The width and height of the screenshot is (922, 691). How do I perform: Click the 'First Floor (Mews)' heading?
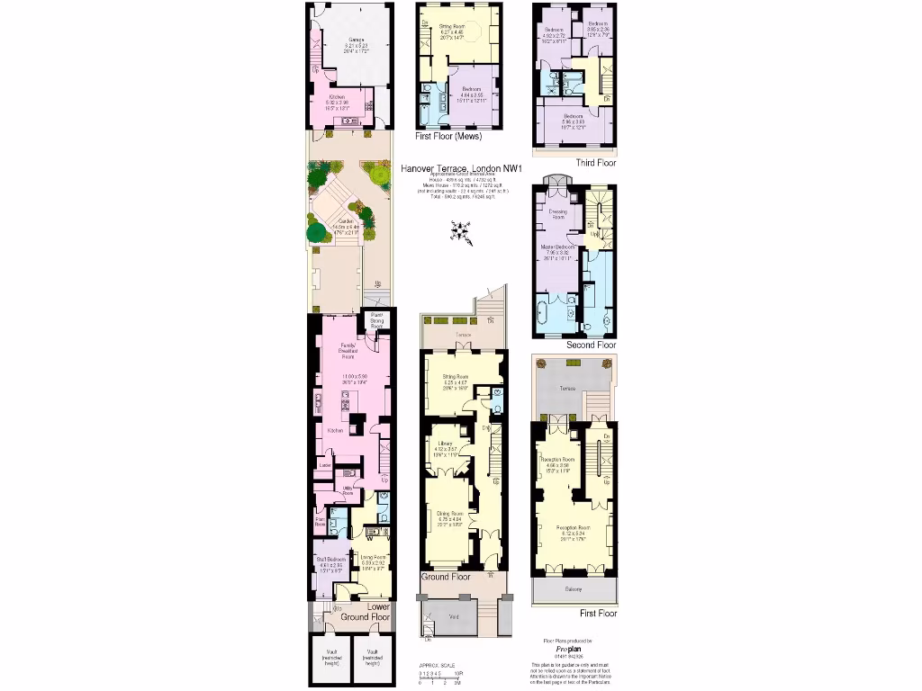(x=448, y=137)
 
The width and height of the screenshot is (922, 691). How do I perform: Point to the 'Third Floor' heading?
(x=596, y=163)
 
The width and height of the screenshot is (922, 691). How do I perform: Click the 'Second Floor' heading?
(x=592, y=345)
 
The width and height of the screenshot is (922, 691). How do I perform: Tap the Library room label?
(x=444, y=444)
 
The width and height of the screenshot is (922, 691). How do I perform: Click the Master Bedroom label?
(x=558, y=247)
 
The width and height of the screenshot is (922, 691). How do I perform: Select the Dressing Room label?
(x=552, y=214)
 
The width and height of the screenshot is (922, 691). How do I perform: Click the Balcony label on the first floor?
(x=574, y=589)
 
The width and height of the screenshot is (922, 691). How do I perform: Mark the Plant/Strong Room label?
(x=377, y=319)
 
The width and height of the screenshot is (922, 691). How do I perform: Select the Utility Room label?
(x=348, y=490)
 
